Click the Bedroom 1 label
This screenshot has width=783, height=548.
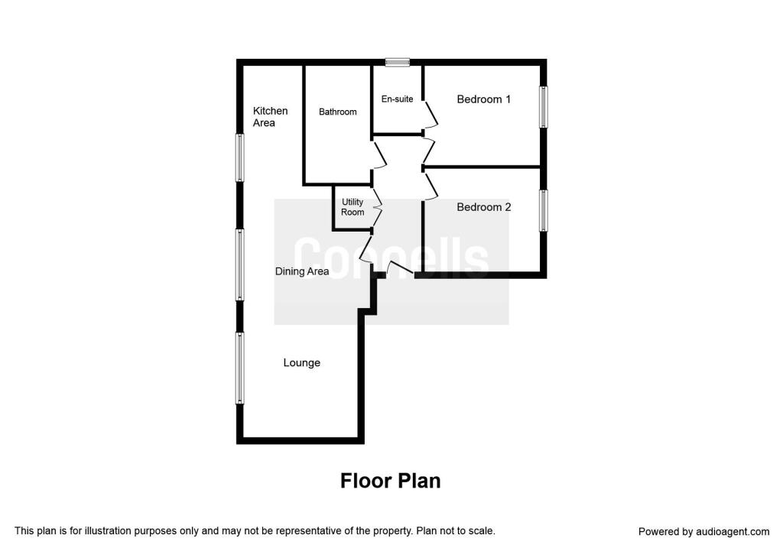click(x=483, y=99)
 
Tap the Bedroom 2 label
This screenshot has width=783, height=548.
click(x=483, y=207)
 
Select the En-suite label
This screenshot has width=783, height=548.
click(x=397, y=99)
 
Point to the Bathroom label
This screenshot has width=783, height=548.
click(x=337, y=112)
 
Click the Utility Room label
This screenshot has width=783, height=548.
click(x=353, y=207)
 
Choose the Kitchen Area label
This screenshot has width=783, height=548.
click(x=270, y=117)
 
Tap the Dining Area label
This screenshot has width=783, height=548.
click(x=301, y=271)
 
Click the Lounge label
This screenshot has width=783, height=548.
click(x=301, y=363)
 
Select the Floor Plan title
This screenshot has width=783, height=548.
click(x=391, y=481)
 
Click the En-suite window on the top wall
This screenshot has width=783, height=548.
click(x=398, y=63)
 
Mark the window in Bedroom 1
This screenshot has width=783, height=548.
click(x=544, y=107)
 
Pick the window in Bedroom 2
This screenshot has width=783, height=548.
click(x=544, y=210)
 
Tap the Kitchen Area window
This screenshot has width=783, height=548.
click(x=240, y=157)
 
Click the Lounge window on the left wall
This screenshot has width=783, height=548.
click(x=240, y=368)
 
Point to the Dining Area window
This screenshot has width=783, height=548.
click(x=240, y=265)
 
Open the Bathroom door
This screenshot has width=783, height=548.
click(x=379, y=156)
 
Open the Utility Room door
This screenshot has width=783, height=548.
click(x=377, y=209)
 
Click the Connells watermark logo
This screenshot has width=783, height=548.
click(x=391, y=260)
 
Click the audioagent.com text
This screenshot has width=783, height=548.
click(x=733, y=532)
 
